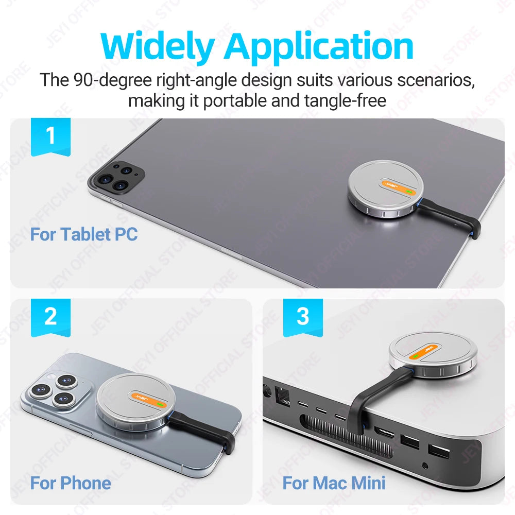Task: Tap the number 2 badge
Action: [50, 318]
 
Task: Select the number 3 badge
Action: [303, 318]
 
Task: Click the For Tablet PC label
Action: [84, 234]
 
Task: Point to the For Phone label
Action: [71, 483]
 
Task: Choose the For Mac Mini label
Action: [334, 483]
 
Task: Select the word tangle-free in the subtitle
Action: [345, 100]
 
